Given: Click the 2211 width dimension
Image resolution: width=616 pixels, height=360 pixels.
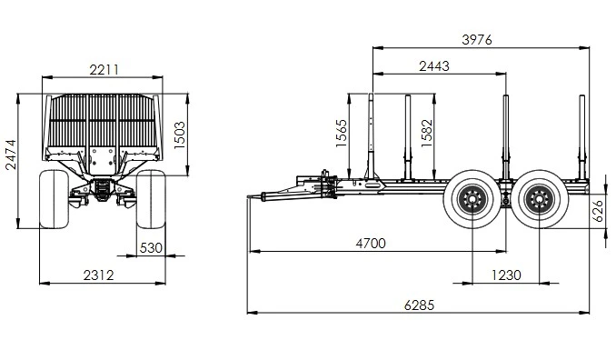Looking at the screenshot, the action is click(x=104, y=70).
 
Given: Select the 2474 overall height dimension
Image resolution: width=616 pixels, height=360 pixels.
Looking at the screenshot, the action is click(x=11, y=155).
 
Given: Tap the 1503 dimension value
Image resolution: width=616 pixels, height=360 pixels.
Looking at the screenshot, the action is click(x=180, y=135).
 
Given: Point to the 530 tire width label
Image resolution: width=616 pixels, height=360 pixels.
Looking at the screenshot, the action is click(x=151, y=248).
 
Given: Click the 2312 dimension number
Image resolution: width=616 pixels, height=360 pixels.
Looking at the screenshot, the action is click(x=99, y=275).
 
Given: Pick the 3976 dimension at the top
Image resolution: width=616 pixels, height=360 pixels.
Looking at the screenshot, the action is click(x=476, y=40).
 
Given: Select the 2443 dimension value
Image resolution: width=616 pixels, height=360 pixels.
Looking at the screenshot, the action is click(x=434, y=66).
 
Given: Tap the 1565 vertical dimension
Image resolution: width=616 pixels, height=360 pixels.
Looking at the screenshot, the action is click(x=342, y=134).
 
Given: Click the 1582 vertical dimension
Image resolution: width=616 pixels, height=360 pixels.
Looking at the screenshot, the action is click(x=427, y=134).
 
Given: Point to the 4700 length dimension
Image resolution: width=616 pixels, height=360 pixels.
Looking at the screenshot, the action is click(x=371, y=244).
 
